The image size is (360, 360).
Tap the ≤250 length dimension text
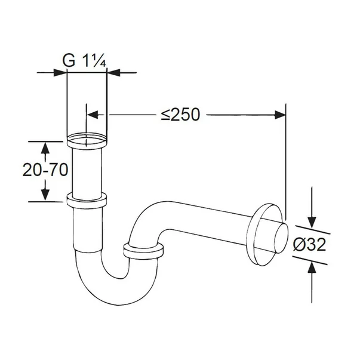[x=180, y=115]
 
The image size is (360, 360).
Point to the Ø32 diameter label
[x=310, y=245]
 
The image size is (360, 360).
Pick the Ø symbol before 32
[x=299, y=245]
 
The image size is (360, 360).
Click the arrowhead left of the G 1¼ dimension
[x=60, y=73]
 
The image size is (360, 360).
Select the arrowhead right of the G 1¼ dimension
[x=113, y=73]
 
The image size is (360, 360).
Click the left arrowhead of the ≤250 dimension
[x=93, y=114]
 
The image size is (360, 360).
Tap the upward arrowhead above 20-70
[x=45, y=147]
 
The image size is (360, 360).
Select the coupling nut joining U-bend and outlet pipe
[x=143, y=250]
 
